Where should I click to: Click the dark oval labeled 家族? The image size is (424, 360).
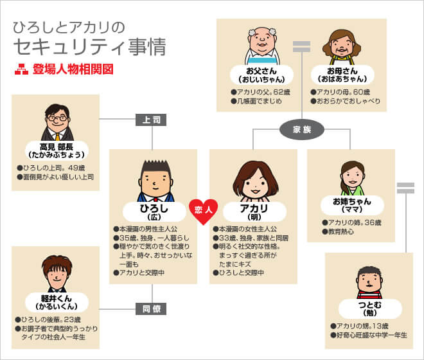302,129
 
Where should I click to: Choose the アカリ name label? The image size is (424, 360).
253,212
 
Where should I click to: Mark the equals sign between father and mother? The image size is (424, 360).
301,46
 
